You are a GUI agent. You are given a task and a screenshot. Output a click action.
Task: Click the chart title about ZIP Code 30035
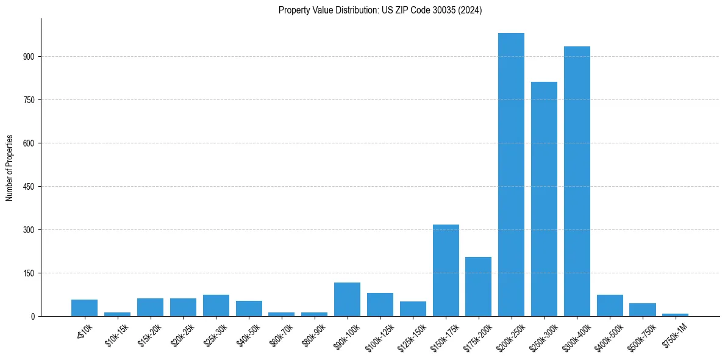tap(380, 10)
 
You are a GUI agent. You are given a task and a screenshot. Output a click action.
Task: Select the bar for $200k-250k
tap(511, 175)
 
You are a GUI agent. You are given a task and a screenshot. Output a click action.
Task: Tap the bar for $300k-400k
tap(577, 181)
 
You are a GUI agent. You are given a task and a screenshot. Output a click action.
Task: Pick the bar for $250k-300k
tap(544, 199)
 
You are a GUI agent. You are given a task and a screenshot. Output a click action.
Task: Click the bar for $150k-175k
tap(446, 270)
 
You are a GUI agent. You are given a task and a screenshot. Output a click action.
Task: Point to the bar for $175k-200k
tap(478, 287)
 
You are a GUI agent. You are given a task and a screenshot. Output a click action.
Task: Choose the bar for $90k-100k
tap(347, 300)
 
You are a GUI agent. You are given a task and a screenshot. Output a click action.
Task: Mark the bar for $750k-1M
tap(675, 315)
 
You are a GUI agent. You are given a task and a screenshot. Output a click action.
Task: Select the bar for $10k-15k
tap(117, 314)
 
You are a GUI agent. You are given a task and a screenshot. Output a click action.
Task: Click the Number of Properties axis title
tap(10, 168)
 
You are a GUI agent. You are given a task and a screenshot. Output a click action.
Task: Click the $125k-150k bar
tap(413, 309)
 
